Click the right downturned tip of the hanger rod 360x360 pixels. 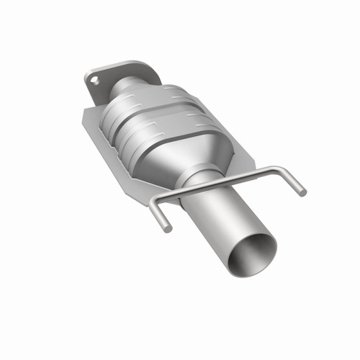point(302,192)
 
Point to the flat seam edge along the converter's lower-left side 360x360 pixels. point(115,155)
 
